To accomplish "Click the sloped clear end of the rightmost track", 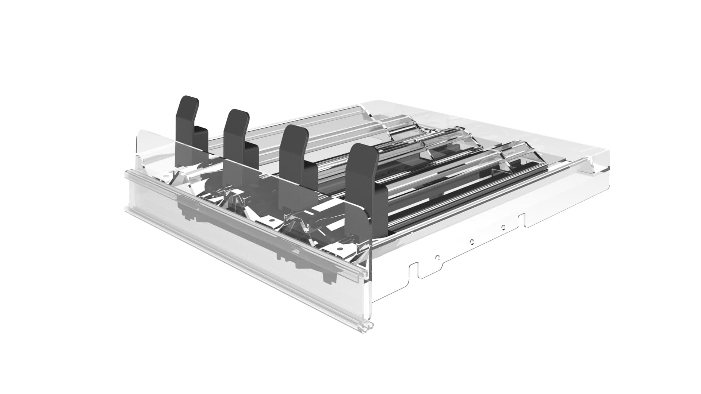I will click(511, 153).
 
